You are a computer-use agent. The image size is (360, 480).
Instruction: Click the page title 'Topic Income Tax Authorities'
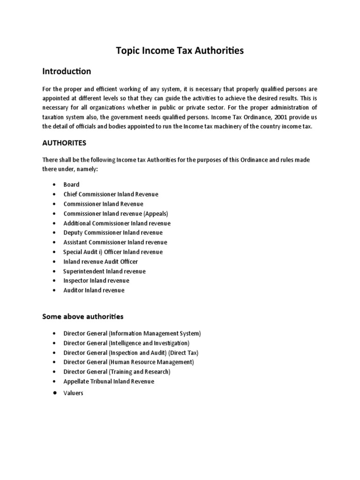click(x=180, y=51)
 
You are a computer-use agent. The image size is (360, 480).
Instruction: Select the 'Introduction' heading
click(x=67, y=72)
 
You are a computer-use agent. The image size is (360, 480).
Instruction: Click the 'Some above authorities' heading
click(x=82, y=316)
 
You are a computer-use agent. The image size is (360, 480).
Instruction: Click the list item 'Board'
click(x=71, y=185)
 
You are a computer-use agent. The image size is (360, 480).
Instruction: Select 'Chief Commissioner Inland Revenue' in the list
click(x=111, y=194)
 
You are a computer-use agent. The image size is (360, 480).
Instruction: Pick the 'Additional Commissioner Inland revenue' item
click(x=117, y=223)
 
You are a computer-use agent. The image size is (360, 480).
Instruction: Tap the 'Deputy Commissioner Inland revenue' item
click(x=113, y=232)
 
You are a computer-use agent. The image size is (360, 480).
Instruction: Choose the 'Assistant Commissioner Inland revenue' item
click(x=115, y=242)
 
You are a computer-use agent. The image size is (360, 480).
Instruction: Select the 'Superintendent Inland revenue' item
click(x=104, y=271)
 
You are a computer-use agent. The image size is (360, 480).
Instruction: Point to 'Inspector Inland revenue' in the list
click(x=96, y=281)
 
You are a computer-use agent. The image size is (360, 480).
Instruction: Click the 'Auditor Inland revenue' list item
click(x=94, y=290)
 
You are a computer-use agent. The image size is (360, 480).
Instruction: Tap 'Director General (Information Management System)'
click(x=132, y=334)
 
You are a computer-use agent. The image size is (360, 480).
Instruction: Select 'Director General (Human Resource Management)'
click(x=128, y=362)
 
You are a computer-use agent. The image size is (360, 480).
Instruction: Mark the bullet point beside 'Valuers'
click(x=55, y=393)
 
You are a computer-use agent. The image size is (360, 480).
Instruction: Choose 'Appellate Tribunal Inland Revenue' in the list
click(x=109, y=382)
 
